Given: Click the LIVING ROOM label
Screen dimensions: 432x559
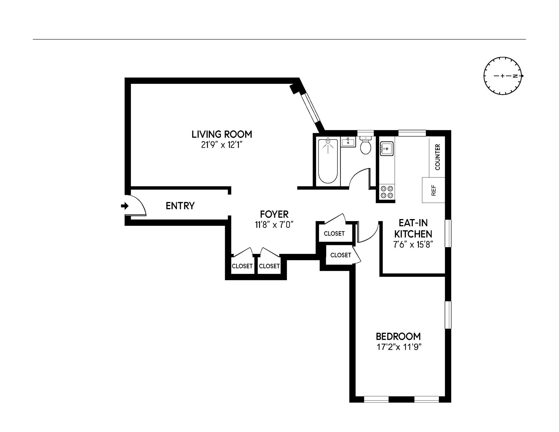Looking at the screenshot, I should [x=222, y=134].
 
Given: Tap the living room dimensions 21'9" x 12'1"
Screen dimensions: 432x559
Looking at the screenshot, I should [x=222, y=145].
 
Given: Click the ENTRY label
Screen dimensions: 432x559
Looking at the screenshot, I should [x=180, y=206].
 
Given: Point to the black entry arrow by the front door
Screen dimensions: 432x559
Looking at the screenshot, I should [x=125, y=206].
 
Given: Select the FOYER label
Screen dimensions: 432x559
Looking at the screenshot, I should [x=274, y=214].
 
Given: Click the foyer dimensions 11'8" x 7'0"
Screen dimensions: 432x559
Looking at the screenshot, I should [x=274, y=225].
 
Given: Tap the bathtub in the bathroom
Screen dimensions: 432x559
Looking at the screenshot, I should [x=328, y=162].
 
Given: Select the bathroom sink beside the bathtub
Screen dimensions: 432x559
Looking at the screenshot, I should [x=348, y=142].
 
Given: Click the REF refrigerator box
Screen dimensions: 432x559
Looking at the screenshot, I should [x=434, y=190].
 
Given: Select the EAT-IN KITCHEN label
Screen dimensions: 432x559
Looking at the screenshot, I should [x=413, y=228].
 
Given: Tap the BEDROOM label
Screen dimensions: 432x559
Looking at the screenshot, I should [x=398, y=336].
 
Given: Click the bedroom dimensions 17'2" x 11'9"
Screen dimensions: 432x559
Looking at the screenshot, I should [x=399, y=347].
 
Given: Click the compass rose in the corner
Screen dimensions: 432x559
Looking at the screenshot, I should [x=503, y=76].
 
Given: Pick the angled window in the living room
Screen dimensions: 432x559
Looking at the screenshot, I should [x=311, y=110].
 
